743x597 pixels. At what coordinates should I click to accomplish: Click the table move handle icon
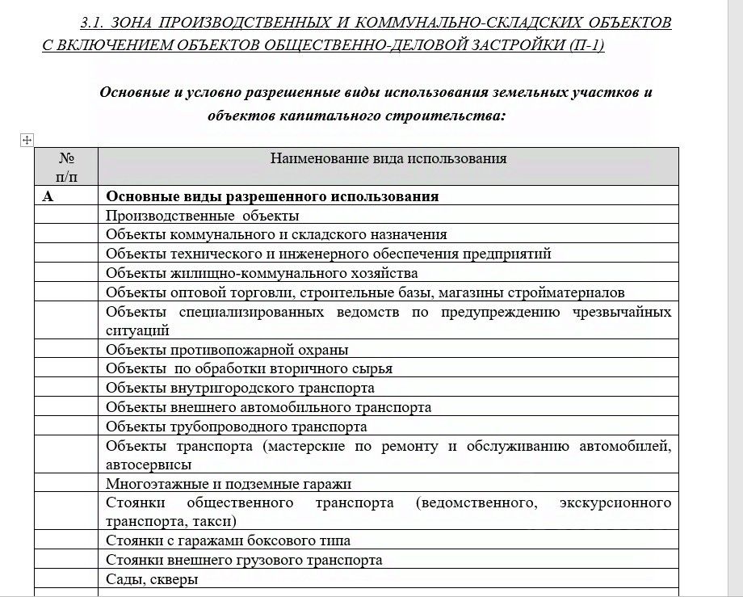(x=26, y=141)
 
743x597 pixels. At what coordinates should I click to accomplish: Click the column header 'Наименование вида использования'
(x=388, y=158)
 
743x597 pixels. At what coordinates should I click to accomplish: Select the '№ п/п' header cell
(x=66, y=166)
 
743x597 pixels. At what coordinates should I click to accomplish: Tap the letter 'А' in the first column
(x=48, y=196)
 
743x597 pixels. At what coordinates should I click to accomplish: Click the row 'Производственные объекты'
(x=203, y=216)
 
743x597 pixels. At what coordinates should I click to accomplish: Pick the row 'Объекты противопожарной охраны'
(x=227, y=350)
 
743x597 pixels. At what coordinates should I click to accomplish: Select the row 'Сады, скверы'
(x=152, y=579)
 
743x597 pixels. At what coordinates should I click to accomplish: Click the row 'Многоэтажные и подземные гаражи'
(x=229, y=484)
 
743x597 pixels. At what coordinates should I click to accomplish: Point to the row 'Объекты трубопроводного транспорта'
(x=237, y=427)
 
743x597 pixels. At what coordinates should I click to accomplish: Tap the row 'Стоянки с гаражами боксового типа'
(x=228, y=540)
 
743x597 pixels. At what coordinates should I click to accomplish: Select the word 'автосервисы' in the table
(x=149, y=465)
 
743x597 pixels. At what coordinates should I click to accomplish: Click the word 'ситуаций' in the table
(x=137, y=330)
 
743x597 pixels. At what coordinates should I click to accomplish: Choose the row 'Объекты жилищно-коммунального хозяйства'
(x=262, y=273)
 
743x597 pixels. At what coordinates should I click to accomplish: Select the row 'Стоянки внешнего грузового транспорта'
(x=244, y=560)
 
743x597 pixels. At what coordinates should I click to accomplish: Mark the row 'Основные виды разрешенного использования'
(x=273, y=196)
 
